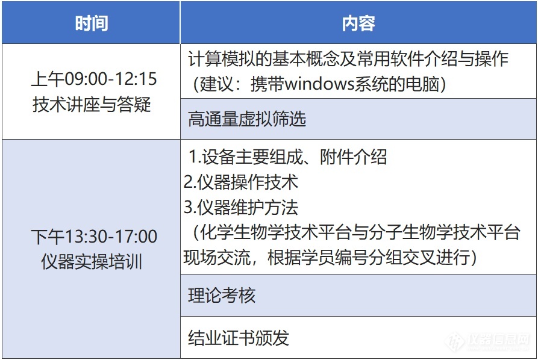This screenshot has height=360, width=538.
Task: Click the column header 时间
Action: coord(91,23)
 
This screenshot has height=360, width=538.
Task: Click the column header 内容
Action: coord(358,23)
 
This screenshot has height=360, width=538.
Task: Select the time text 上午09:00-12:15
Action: coord(93,79)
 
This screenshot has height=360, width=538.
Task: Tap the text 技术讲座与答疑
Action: coord(92,104)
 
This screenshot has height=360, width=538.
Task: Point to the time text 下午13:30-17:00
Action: coord(94,236)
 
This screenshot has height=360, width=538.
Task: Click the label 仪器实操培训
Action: coord(92,262)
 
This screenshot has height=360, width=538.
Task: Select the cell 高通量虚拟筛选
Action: coord(246,119)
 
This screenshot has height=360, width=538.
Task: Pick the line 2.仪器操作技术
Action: coord(241,182)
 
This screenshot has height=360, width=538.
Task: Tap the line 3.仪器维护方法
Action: coord(241,207)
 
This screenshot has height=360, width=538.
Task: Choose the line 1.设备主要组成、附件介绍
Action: coord(288,157)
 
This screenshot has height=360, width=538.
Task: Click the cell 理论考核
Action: coord(222,295)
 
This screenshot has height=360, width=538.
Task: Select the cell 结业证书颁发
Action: coord(239,337)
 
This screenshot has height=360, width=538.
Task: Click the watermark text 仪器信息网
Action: coord(498,340)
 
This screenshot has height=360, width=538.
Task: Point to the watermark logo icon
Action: coord(455,341)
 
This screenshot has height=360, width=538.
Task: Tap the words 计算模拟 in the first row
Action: coord(222,59)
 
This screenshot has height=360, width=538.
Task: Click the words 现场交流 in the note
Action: coord(217,257)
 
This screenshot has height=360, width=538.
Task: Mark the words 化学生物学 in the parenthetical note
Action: coord(241,232)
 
